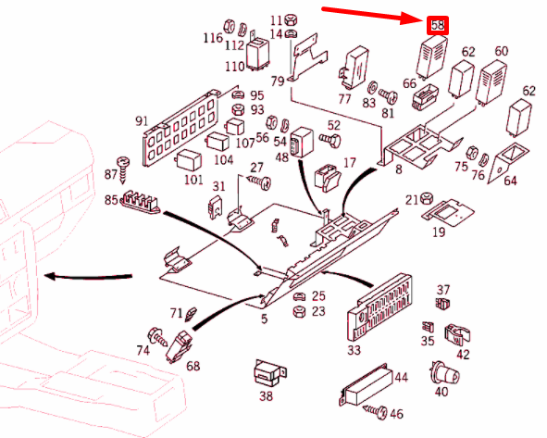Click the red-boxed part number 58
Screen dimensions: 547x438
(438, 26)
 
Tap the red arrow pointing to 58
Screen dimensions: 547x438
(373, 16)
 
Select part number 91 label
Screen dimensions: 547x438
(142, 121)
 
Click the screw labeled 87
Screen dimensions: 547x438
(123, 170)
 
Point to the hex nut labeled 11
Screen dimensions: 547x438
(291, 19)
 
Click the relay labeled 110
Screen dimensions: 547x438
(258, 54)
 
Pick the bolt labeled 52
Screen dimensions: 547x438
(330, 140)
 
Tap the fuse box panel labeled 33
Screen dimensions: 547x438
(379, 307)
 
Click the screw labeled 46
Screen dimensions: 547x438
(376, 411)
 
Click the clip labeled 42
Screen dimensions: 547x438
(457, 335)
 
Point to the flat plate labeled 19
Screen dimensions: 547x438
(448, 213)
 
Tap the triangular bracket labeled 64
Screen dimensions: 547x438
(508, 162)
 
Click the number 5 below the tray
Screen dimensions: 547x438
(265, 319)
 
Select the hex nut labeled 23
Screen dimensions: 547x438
(299, 311)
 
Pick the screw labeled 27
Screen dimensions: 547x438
(259, 182)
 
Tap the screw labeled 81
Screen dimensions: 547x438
(389, 95)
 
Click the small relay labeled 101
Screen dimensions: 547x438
(189, 161)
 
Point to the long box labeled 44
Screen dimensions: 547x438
(365, 384)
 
